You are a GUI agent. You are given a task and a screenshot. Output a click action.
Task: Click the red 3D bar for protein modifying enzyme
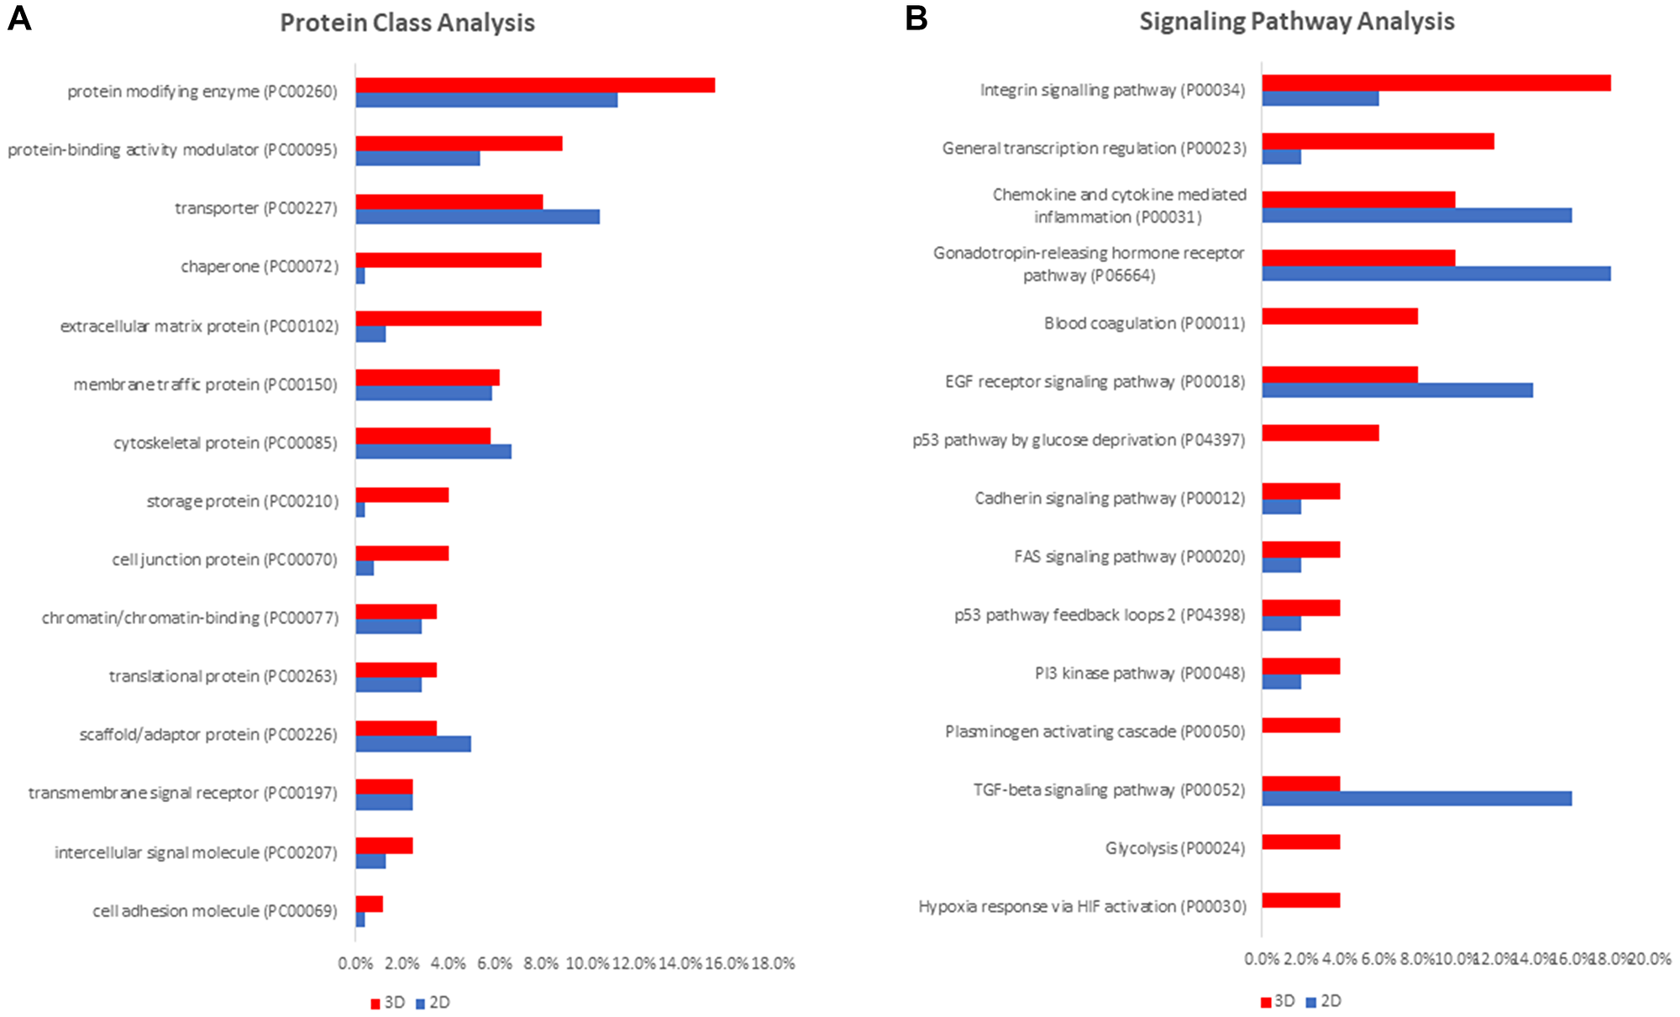pos(535,85)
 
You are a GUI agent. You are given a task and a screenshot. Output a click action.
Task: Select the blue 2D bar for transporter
pos(477,217)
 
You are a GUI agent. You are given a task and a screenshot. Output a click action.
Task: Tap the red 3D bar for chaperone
pos(448,260)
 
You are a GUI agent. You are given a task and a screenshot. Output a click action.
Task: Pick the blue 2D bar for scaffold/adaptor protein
pos(412,743)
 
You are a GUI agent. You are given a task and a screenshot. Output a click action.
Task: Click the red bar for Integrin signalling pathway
pos(1436,82)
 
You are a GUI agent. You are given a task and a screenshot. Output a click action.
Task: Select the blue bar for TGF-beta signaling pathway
pos(1416,798)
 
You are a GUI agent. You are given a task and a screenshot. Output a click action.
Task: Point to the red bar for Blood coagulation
pos(1339,316)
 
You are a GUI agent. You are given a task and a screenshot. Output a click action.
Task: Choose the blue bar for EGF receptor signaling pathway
pos(1397,390)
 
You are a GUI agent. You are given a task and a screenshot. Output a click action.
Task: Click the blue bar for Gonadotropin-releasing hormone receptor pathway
pos(1436,273)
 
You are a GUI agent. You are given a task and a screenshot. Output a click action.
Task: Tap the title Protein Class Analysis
pos(407,23)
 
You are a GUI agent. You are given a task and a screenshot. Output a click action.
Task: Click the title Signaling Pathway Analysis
pos(1296,21)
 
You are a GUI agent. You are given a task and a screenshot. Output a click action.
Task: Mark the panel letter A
pos(18,18)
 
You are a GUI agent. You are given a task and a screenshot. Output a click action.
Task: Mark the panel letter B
pos(916,18)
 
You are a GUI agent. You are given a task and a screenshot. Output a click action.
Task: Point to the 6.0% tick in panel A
pos(495,963)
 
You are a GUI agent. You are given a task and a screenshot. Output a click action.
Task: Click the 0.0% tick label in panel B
pos(1262,959)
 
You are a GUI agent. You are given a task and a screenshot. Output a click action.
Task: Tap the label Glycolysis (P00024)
pos(1174,848)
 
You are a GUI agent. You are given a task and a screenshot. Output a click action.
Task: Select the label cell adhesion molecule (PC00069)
pos(215,911)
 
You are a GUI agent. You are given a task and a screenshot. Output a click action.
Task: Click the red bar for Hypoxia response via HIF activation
pos(1300,900)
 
